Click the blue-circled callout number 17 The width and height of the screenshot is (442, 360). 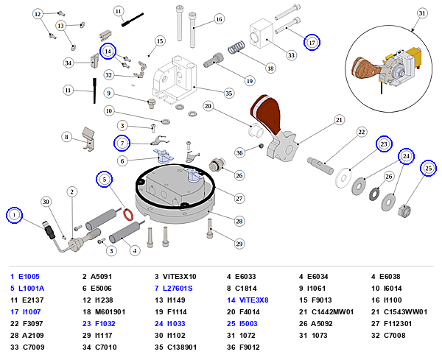(x=312, y=43)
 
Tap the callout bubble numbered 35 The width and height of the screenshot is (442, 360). (x=228, y=93)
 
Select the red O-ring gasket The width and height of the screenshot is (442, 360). (x=128, y=214)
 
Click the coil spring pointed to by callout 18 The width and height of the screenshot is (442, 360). (x=236, y=47)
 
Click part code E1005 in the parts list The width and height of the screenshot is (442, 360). (x=29, y=277)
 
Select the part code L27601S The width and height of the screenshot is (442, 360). (x=178, y=289)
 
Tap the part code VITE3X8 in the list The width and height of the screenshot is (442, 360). (x=253, y=300)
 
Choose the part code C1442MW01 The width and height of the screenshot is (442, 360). (x=332, y=312)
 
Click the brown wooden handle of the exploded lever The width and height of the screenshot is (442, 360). (x=266, y=112)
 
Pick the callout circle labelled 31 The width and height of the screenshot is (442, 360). (x=421, y=13)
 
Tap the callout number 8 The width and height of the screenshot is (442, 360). (x=66, y=137)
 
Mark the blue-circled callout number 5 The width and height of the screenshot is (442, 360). (x=105, y=179)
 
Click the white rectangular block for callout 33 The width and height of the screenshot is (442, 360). (x=262, y=34)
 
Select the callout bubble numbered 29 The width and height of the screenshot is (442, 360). (x=239, y=244)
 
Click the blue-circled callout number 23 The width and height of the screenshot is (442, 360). (x=384, y=144)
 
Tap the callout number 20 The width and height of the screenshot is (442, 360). (x=208, y=106)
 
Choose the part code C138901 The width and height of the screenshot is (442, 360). (x=182, y=347)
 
